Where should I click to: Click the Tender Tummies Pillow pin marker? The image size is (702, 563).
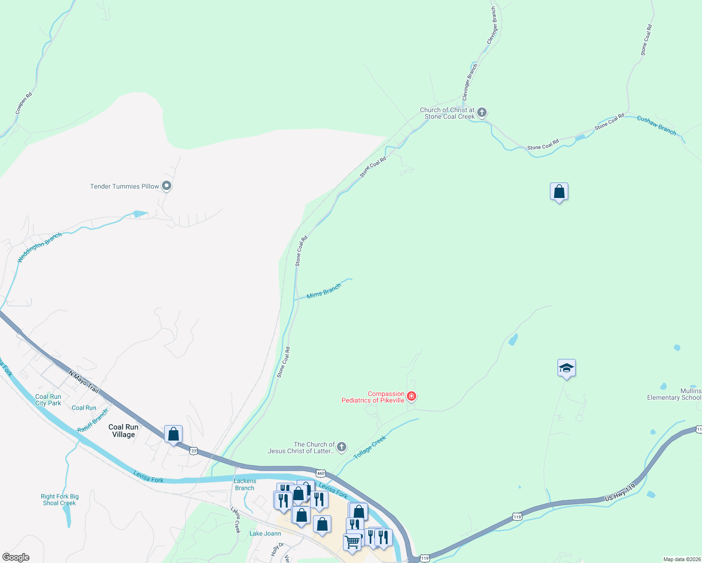coord(166,186)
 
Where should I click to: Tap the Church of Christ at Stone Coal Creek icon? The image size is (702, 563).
coord(481,113)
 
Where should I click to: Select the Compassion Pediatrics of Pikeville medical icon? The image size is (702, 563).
coord(412,397)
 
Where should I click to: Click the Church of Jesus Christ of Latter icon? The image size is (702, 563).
coord(342,447)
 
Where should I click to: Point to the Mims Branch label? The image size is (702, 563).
coord(324,291)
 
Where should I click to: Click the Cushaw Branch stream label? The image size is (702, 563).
coord(656,125)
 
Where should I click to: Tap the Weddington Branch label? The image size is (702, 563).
coord(39,247)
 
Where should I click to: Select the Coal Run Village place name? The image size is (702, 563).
coord(123,431)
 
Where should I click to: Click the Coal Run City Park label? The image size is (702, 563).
coord(48,400)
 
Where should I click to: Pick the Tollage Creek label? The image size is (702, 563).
coord(370,447)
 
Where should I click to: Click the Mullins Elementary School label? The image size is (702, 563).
coord(674,394)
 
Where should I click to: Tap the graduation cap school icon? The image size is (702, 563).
coord(566,368)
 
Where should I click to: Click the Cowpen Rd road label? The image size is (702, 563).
coord(23,103)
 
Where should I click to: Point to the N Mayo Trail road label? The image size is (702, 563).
coord(84,381)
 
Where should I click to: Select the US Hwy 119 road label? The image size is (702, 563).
coord(620,493)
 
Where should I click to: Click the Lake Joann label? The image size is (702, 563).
coord(265,533)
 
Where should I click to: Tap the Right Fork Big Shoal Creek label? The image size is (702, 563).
coord(60,500)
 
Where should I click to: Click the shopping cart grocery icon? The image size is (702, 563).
coord(352,542)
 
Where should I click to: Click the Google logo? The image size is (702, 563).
coord(16,557)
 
